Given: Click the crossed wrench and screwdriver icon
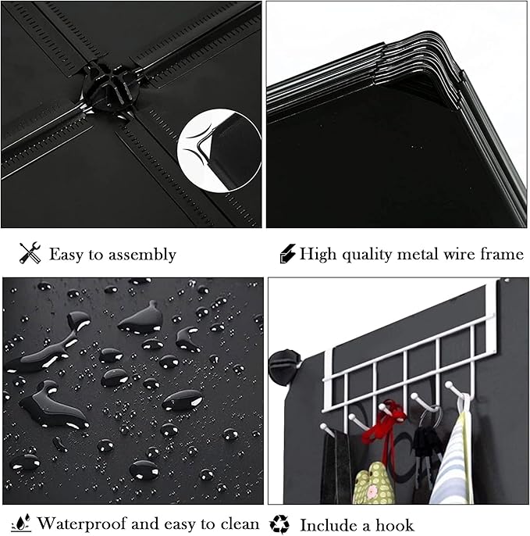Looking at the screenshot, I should click(30, 253).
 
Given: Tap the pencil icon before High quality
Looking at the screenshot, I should click(287, 253).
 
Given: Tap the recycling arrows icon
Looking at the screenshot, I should click(279, 524).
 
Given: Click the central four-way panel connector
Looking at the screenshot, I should click(109, 86).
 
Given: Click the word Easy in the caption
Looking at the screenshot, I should click(66, 255).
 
